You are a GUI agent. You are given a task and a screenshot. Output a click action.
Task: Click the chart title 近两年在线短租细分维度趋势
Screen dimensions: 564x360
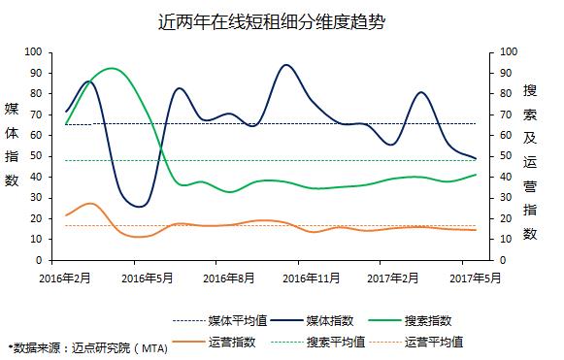click(x=272, y=22)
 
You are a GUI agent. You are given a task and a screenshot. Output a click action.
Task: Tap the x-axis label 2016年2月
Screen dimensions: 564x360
click(x=65, y=278)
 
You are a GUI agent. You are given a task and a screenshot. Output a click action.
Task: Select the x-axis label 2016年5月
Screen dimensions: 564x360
click(x=148, y=278)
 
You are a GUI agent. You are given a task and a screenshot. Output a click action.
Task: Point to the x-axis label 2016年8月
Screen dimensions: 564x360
click(x=229, y=278)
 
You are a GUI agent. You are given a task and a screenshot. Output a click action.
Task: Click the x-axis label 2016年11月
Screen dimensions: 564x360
click(x=312, y=278)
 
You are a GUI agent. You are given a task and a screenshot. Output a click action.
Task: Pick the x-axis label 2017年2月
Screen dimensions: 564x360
click(x=393, y=278)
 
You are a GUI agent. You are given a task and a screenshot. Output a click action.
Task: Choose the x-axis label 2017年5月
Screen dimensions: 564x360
click(x=475, y=278)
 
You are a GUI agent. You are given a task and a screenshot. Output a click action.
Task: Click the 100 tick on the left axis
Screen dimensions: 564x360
click(x=33, y=51)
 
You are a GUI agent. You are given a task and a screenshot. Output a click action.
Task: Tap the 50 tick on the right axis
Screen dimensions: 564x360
click(x=506, y=156)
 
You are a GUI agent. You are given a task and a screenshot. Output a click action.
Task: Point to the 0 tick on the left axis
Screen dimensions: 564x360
click(x=39, y=260)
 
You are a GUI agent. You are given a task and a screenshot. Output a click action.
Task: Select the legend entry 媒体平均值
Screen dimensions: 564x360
click(x=220, y=321)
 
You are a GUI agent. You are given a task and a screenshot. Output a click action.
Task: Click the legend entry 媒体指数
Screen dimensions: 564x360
click(x=313, y=321)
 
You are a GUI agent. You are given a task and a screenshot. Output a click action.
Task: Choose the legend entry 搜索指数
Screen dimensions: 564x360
click(x=410, y=321)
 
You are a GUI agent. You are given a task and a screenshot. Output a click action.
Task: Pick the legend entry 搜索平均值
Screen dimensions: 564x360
click(x=318, y=342)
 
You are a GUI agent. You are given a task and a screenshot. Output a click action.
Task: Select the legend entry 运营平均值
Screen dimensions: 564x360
click(x=416, y=342)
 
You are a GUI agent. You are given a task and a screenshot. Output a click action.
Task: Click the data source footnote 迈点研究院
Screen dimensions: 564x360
click(x=100, y=347)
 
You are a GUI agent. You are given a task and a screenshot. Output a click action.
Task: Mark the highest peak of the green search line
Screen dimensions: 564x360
click(x=112, y=68)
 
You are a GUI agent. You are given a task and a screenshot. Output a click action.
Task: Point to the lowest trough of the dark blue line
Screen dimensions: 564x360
click(x=140, y=207)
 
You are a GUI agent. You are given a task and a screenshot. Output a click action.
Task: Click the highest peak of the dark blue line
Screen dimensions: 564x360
click(x=286, y=65)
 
